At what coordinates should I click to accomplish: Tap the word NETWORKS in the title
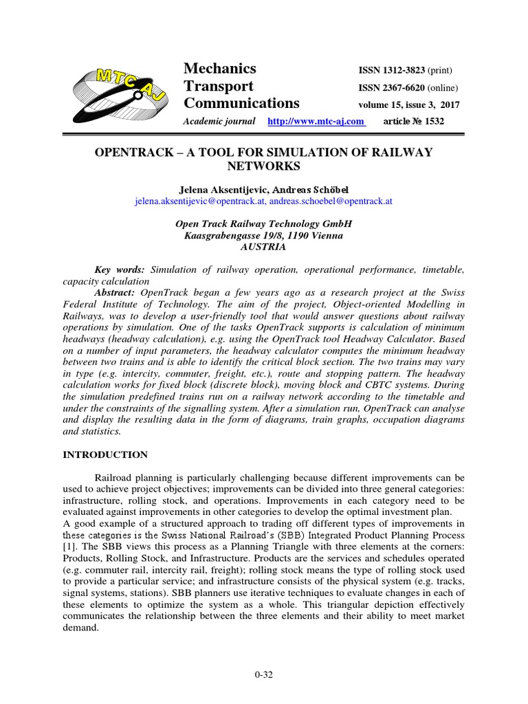264,166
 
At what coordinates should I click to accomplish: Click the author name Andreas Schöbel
315,189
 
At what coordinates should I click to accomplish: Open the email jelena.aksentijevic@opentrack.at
201,201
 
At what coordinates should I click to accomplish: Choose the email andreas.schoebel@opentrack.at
330,201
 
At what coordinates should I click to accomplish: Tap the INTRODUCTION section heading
105,454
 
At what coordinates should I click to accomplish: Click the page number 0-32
264,674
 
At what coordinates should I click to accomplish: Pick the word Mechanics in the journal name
220,68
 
